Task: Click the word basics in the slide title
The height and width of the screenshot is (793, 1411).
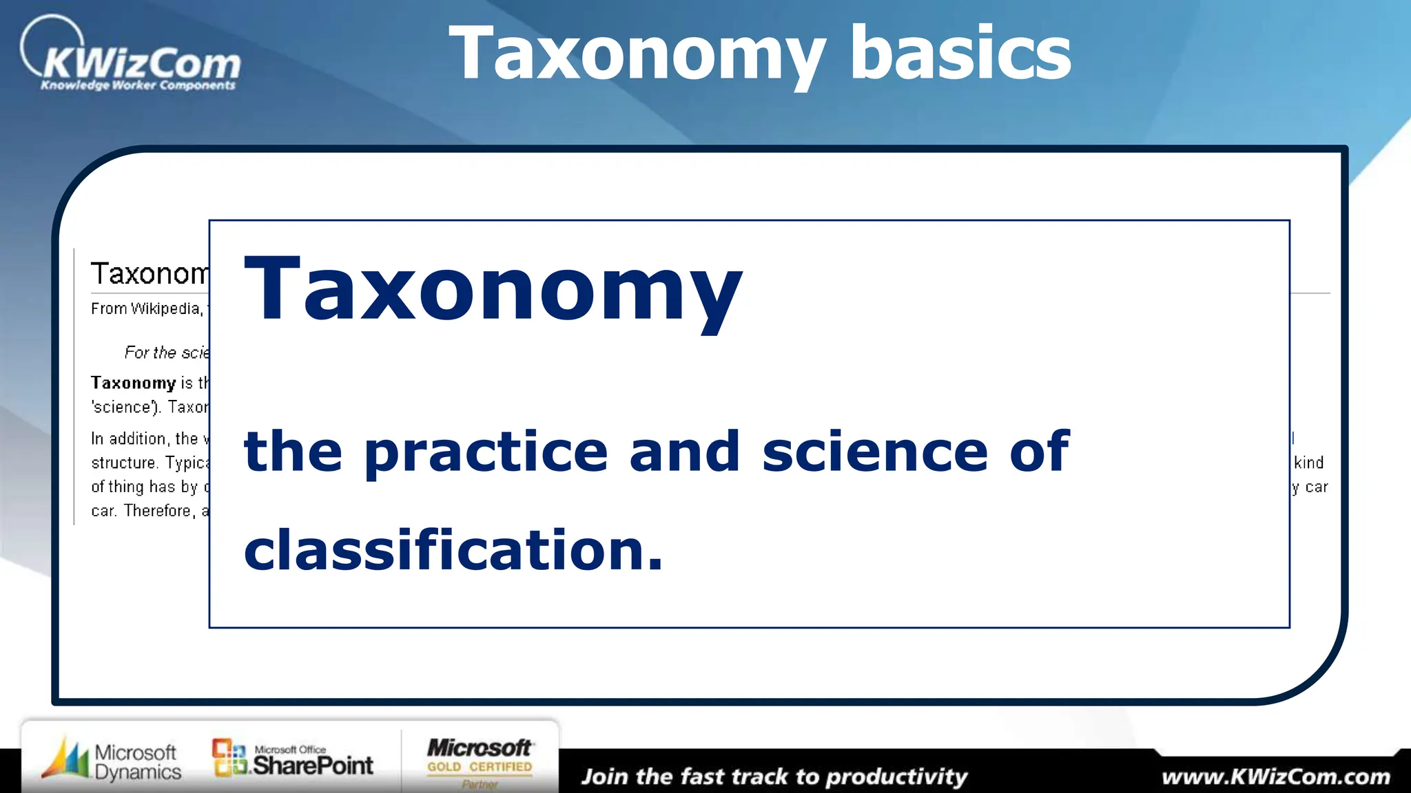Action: (960, 54)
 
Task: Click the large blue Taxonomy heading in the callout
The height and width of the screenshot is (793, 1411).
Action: (493, 289)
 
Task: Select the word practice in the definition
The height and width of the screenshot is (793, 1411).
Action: (486, 452)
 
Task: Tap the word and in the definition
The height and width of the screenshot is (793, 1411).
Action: (684, 452)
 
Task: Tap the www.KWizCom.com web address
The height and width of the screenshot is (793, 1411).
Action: (1276, 777)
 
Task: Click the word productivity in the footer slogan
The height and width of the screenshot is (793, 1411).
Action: (896, 777)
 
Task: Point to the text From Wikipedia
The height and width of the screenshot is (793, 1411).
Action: (146, 309)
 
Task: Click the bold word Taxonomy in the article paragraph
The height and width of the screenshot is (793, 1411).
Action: (134, 383)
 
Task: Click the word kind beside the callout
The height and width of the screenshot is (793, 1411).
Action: (1309, 463)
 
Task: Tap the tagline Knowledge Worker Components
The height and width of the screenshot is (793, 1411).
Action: (138, 85)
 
